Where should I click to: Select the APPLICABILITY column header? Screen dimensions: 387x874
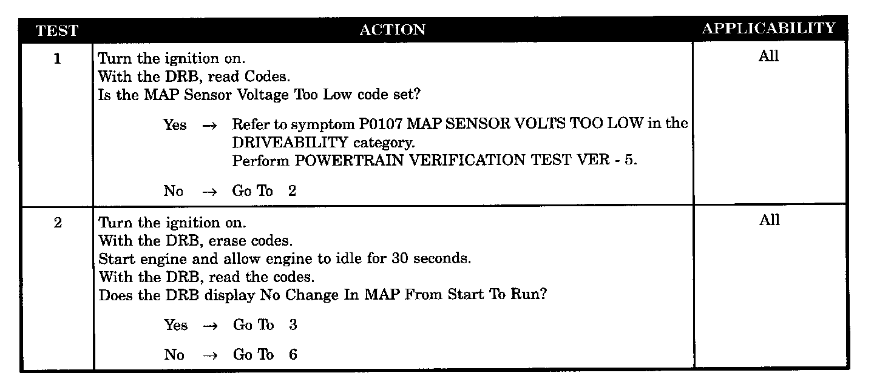768,29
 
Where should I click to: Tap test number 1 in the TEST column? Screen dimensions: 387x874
57,60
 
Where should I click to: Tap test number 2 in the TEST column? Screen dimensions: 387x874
57,223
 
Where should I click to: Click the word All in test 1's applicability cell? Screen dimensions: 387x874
768,56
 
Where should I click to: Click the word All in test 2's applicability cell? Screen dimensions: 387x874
768,220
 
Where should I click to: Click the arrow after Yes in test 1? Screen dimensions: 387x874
209,126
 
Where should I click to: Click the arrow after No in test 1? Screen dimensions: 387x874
209,191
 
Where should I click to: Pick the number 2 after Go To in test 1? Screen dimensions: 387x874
293,191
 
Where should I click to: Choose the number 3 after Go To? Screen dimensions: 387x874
293,325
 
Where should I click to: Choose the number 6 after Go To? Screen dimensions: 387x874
293,354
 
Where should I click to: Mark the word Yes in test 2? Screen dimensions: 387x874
175,325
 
